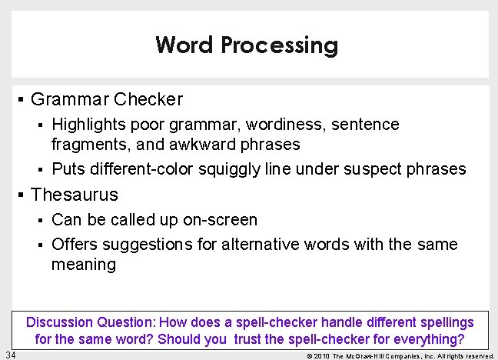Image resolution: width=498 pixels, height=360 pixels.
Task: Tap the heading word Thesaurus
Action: [75, 195]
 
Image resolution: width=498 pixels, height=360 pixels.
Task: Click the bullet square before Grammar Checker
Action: [22, 99]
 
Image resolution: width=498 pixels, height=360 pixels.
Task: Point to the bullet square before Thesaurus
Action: [22, 195]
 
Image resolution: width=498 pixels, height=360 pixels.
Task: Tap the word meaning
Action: [84, 265]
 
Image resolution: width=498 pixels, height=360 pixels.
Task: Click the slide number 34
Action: [10, 354]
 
